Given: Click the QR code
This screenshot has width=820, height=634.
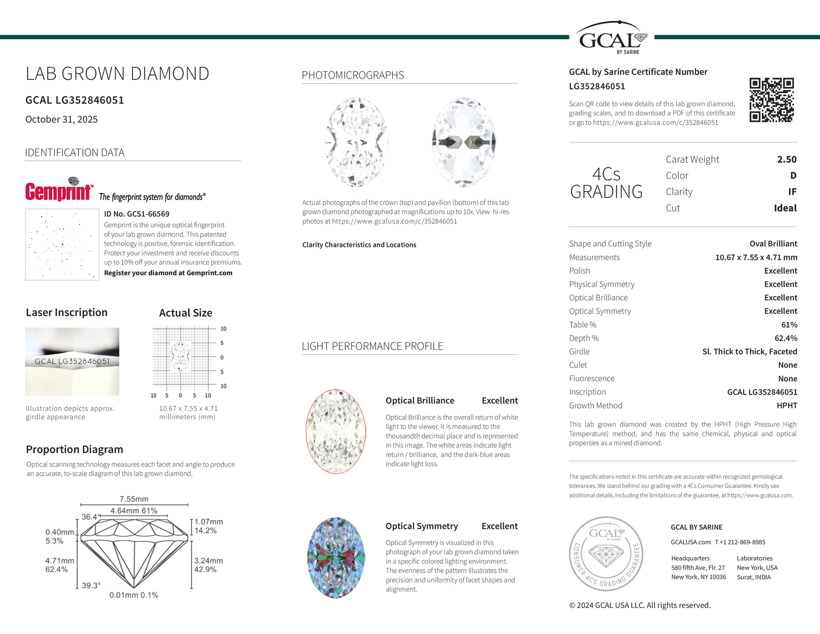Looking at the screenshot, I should click(771, 100).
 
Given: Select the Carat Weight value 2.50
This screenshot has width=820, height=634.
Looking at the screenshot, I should click(786, 160).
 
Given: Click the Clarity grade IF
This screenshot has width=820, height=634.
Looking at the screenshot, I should click(792, 192).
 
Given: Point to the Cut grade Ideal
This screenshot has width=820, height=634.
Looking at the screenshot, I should click(785, 208).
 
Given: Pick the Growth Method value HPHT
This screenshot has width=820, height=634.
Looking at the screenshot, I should click(786, 406).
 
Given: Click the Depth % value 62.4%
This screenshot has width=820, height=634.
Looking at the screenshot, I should click(786, 338).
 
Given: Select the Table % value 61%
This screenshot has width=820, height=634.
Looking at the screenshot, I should click(789, 325).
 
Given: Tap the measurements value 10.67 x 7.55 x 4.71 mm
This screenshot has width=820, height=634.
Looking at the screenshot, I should click(756, 257).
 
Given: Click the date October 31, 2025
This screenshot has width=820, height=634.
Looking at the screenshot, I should click(61, 119).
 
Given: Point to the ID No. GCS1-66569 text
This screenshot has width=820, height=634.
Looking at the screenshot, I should click(137, 214).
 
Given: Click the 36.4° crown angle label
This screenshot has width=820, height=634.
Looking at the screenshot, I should click(90, 517).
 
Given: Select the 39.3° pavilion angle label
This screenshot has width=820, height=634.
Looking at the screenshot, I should click(91, 586).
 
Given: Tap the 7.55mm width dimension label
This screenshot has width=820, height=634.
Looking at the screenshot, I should click(134, 499).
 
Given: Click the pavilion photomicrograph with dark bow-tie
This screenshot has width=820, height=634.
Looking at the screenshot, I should click(464, 142).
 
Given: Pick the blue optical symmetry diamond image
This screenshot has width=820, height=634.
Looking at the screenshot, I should click(336, 558).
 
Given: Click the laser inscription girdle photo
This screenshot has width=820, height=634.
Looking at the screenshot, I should click(72, 362).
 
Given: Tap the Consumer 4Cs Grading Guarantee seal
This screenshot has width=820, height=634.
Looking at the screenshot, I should click(606, 553).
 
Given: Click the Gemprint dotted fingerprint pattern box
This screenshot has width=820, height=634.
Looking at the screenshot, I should click(62, 245).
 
